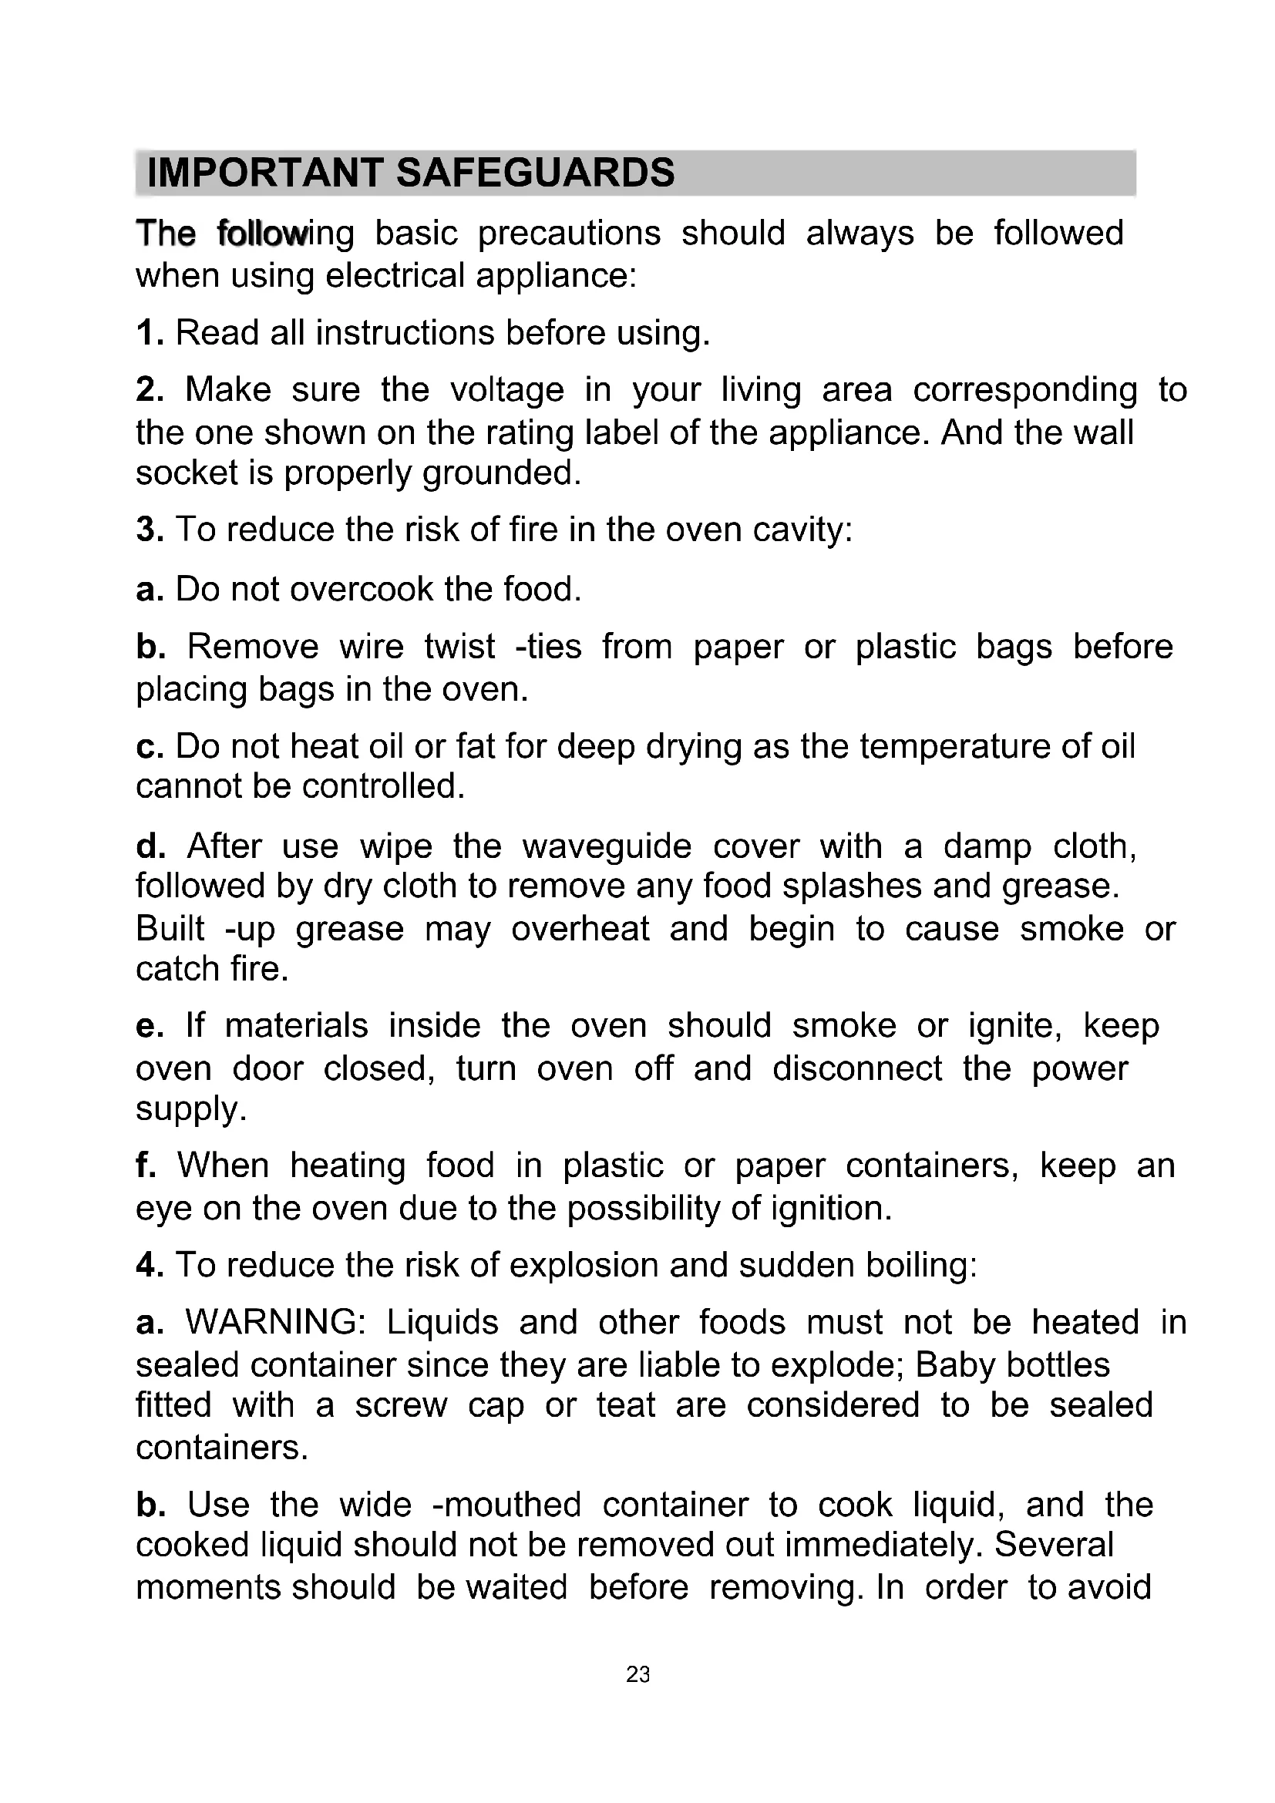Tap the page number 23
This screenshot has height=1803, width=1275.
tap(637, 1675)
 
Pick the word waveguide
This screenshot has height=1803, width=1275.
tap(607, 846)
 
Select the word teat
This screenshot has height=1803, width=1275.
tap(625, 1405)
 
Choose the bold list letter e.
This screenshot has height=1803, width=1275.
tap(148, 1026)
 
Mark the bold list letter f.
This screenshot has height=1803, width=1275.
tap(145, 1166)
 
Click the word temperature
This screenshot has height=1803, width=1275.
tap(954, 747)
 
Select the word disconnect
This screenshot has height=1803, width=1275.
tap(856, 1068)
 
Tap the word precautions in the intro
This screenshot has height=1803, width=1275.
tap(569, 234)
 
